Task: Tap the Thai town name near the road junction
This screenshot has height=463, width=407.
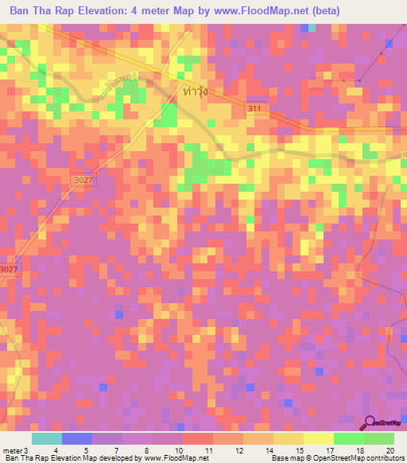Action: pos(194,91)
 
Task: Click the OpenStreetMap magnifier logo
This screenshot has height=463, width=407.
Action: pos(371,423)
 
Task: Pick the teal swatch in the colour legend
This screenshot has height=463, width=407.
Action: pos(46,438)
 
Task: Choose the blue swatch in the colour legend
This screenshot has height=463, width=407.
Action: pos(76,438)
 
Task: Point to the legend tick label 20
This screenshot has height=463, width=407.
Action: pos(389,449)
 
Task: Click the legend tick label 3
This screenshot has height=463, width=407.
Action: pos(26,449)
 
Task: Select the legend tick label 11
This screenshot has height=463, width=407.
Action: pos(207,449)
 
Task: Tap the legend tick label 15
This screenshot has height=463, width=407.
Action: pos(298,449)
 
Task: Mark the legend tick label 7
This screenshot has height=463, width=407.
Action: pos(117,449)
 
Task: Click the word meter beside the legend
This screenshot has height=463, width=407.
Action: pos(12,449)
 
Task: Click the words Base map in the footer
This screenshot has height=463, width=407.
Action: pos(285,458)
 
